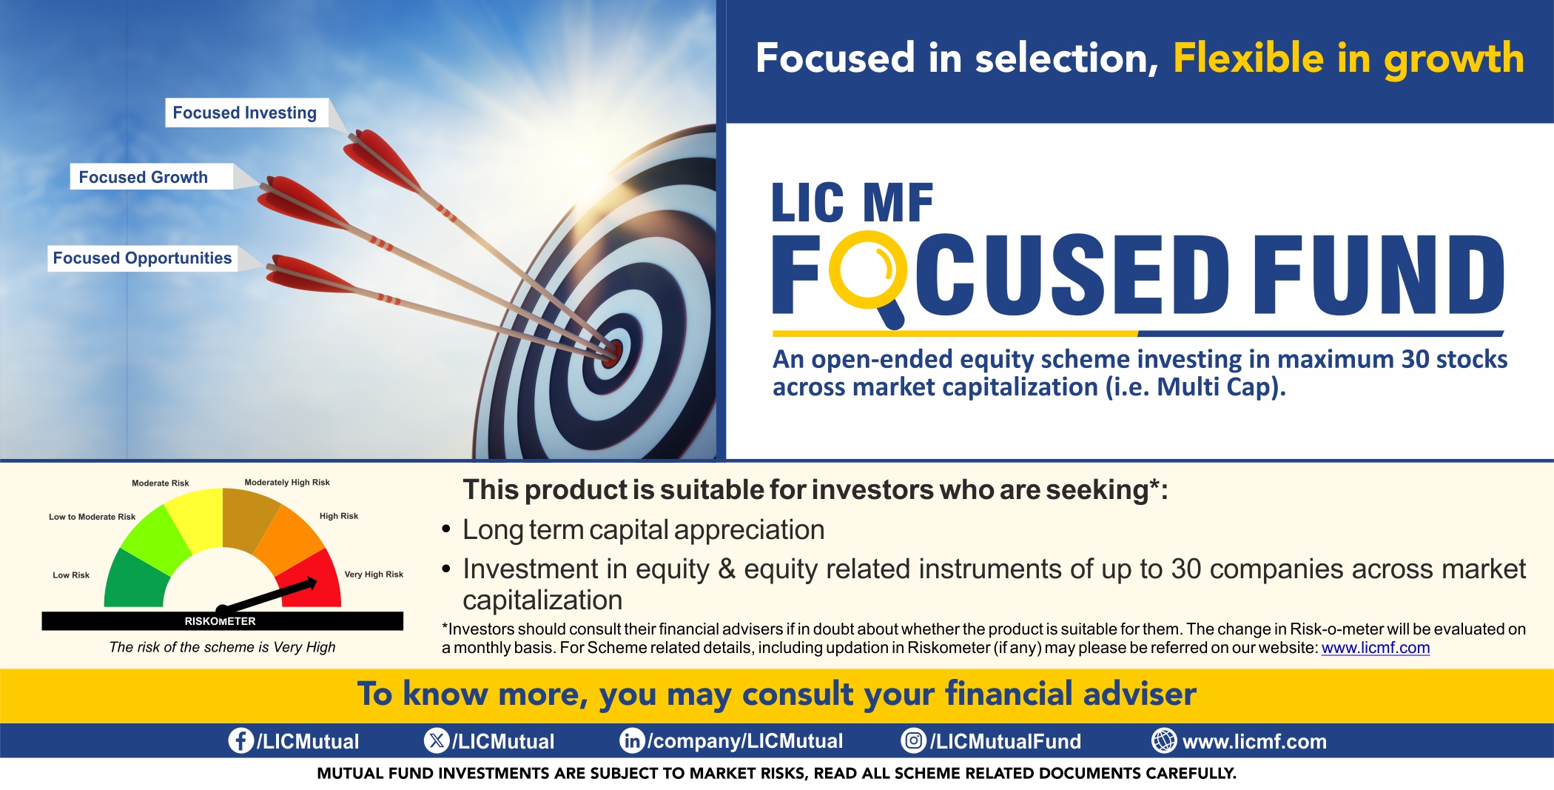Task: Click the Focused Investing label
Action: pyautogui.click(x=245, y=113)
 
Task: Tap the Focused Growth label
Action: pyautogui.click(x=144, y=177)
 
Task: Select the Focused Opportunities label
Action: pyautogui.click(x=142, y=258)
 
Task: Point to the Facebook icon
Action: pyautogui.click(x=240, y=740)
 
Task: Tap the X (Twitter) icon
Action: pyautogui.click(x=437, y=740)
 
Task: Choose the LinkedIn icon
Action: pyautogui.click(x=631, y=740)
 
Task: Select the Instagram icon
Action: pyautogui.click(x=913, y=740)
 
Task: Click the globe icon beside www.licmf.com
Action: pyautogui.click(x=1163, y=740)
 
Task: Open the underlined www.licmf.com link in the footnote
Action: pyautogui.click(x=1375, y=648)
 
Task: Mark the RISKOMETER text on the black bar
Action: pyautogui.click(x=220, y=621)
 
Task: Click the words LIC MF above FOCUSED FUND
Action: pyautogui.click(x=852, y=203)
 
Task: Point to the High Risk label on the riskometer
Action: pyautogui.click(x=338, y=516)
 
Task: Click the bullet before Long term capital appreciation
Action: pyautogui.click(x=446, y=530)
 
